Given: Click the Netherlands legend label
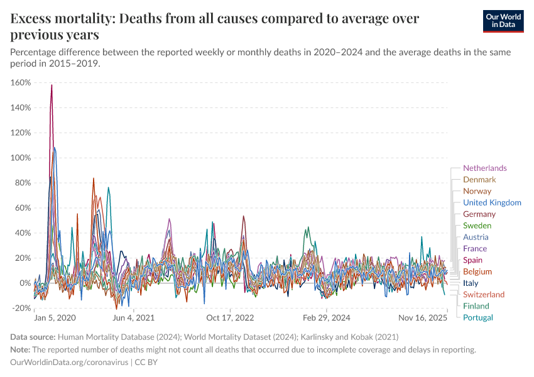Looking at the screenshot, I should coord(484,168).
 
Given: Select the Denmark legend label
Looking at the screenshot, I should coord(479,180).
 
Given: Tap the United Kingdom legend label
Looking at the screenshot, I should coord(492,202).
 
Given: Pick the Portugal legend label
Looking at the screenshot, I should coord(478,317).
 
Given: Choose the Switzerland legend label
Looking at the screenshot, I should coord(484,294).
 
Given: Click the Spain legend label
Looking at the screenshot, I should coord(472,260).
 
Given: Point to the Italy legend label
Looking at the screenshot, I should coord(471,283).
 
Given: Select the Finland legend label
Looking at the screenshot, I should coord(476,306).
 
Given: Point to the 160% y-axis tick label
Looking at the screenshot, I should coord(21,82).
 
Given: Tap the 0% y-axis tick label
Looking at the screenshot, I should coord(25,283).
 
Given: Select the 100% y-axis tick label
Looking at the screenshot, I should coord(21,158).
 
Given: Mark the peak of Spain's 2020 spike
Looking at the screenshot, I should coord(52,85).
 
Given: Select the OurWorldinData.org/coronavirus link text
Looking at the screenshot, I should coord(70,363).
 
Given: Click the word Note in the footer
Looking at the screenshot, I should coord(22,350).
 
